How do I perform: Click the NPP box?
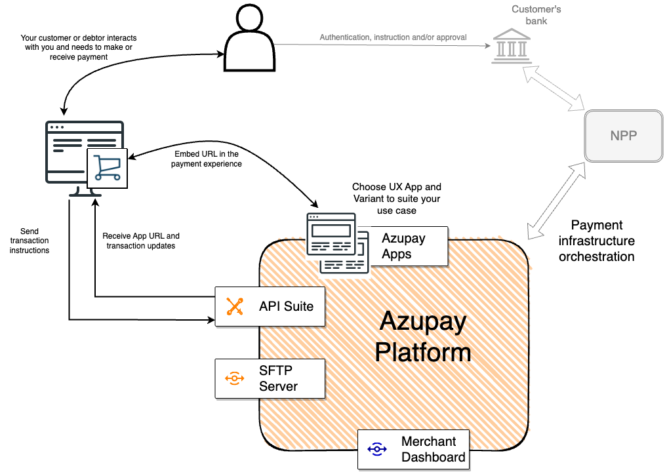[623, 136]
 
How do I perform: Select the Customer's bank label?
[536, 15]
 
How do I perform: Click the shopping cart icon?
[107, 167]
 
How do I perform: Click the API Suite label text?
[286, 306]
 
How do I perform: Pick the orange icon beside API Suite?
[235, 306]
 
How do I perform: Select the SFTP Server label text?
[278, 378]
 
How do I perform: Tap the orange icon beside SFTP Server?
[234, 378]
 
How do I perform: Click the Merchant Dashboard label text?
[433, 449]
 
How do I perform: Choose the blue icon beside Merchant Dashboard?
[377, 449]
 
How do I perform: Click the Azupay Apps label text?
[403, 246]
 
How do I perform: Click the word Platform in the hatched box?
[423, 352]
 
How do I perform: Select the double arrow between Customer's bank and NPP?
[554, 87]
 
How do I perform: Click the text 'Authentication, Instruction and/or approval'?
[393, 37]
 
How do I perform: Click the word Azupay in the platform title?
[423, 322]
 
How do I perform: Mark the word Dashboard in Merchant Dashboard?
[433, 457]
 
